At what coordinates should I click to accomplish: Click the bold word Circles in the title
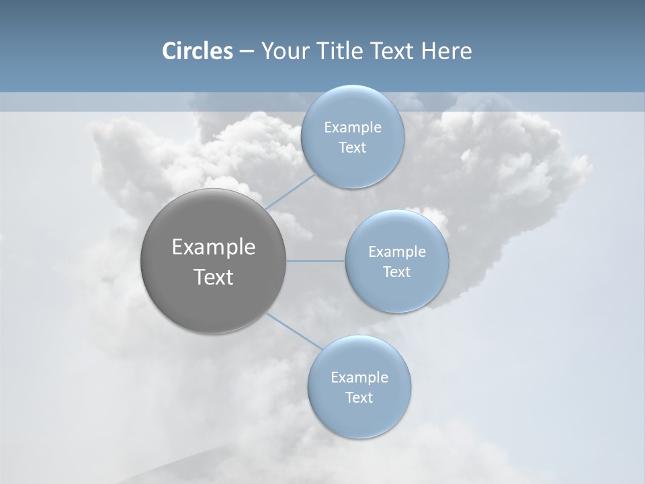198,51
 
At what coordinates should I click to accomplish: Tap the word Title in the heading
342,51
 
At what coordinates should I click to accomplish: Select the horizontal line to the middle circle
316,261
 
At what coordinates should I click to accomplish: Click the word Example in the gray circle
214,247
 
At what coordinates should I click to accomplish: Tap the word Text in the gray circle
214,277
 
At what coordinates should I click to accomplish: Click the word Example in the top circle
353,128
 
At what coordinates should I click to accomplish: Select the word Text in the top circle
352,148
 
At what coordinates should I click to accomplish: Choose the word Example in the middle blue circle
397,252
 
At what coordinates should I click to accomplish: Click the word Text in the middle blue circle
396,272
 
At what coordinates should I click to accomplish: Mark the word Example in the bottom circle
359,378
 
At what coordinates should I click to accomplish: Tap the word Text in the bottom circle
359,398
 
